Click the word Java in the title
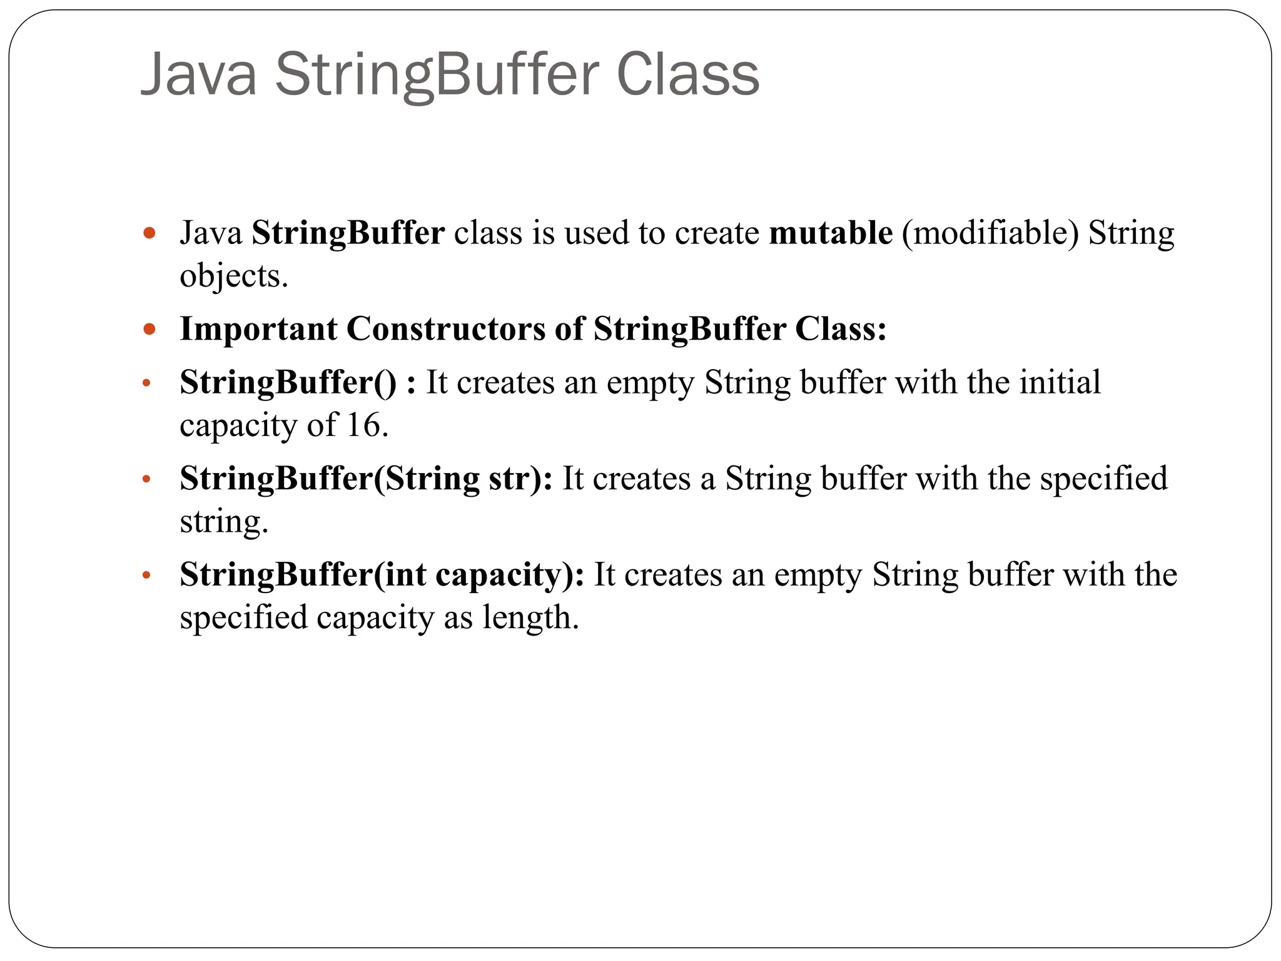click(199, 75)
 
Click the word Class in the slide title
click(687, 75)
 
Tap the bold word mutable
click(831, 233)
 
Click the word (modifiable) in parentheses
click(990, 234)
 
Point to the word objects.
click(233, 277)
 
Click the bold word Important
click(258, 329)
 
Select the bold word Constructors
click(445, 329)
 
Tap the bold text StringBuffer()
click(288, 382)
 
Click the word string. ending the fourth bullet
click(223, 522)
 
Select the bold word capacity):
click(509, 575)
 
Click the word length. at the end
click(530, 618)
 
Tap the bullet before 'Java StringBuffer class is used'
click(149, 234)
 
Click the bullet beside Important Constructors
click(149, 329)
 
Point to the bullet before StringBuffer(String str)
click(146, 480)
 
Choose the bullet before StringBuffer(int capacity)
click(146, 576)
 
